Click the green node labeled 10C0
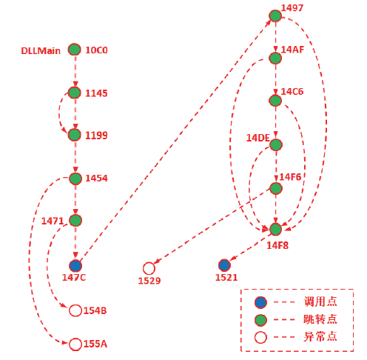tap(74, 50)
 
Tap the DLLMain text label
tap(41, 51)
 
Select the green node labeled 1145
tap(74, 93)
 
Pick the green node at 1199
tap(74, 135)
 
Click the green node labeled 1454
tap(75, 179)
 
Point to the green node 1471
tap(75, 220)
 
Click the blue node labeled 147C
tap(75, 266)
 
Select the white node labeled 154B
tap(75, 310)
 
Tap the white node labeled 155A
tap(75, 344)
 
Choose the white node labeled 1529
tap(149, 268)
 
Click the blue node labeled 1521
tap(224, 265)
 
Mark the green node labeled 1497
tap(275, 16)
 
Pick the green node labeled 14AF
tap(275, 58)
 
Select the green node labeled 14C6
tap(275, 101)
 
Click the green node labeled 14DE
tap(276, 144)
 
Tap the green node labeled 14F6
tap(276, 188)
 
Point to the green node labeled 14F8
tap(275, 229)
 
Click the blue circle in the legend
tap(260, 302)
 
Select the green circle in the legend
tap(260, 320)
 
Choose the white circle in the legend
tap(260, 337)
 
